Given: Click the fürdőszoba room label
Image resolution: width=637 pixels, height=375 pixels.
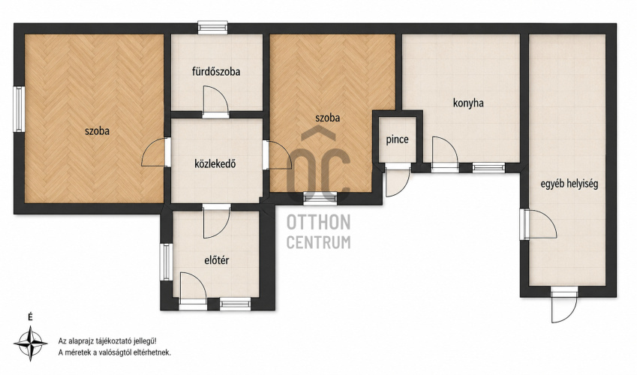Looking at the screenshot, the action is point(216,72).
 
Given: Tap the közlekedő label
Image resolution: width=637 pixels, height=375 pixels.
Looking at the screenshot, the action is point(215,163).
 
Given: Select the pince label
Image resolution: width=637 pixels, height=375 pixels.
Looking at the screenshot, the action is point(397,139).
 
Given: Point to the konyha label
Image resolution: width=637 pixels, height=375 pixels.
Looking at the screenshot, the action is point(468,103).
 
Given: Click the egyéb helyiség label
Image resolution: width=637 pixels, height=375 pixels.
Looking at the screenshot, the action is point(569,184).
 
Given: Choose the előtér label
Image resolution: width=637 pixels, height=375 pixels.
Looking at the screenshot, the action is point(216,260).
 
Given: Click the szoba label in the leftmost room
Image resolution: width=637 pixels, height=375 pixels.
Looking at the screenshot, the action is point(97,131).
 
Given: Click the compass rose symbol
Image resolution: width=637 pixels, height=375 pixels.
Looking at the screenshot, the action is point(31,343).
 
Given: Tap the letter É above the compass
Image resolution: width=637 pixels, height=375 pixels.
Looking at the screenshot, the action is point(30,317).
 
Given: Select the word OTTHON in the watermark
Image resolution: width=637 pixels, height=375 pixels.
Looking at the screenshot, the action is point(318,223).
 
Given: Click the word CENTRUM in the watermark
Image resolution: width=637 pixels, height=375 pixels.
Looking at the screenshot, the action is point(318,242).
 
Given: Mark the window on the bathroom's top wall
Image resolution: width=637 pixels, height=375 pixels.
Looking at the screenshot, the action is point(213,28).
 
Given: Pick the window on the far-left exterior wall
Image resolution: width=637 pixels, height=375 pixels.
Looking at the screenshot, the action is point(19,109).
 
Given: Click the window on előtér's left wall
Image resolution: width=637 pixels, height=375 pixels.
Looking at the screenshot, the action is point(166,262).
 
